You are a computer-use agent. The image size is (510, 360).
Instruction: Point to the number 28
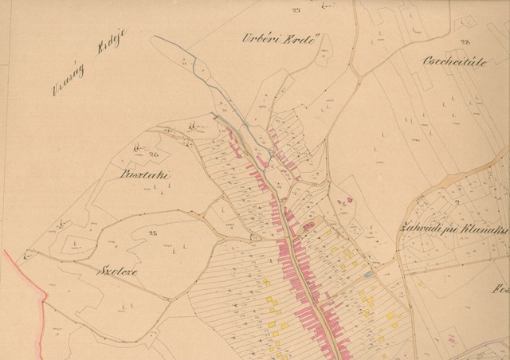pyautogui.click(x=465, y=41)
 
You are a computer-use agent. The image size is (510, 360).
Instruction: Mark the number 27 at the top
pyautogui.click(x=275, y=10)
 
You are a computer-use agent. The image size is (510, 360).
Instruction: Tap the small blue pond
pyautogui.click(x=367, y=274)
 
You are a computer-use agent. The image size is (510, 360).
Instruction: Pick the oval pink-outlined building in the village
pyautogui.click(x=308, y=228)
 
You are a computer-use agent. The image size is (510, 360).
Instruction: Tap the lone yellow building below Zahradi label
pyautogui.click(x=420, y=283)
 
